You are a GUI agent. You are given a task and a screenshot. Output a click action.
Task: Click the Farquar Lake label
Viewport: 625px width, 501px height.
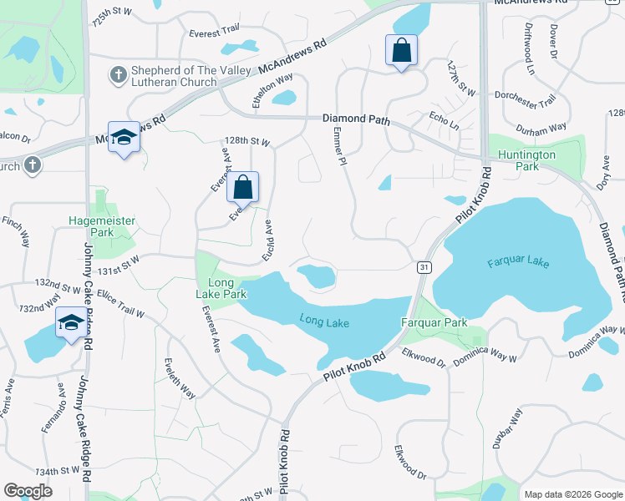(x=518, y=262)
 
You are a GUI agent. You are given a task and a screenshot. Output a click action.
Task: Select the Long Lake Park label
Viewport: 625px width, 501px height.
(x=221, y=288)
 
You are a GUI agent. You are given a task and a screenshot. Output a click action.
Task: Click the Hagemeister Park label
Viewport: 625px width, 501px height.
(x=101, y=226)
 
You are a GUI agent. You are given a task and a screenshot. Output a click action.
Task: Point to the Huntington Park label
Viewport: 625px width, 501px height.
(x=526, y=160)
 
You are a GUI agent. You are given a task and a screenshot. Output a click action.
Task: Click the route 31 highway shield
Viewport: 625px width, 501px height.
(x=424, y=266)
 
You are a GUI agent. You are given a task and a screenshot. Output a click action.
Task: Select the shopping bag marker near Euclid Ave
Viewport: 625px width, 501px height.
(x=243, y=189)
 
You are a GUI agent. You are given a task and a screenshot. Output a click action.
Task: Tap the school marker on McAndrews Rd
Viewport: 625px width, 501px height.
(x=124, y=138)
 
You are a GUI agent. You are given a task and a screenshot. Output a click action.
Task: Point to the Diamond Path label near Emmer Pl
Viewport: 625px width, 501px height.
(x=356, y=119)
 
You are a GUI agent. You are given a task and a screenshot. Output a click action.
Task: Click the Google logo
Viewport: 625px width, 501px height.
(x=28, y=491)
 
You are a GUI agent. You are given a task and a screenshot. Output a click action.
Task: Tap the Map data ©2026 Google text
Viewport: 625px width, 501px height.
(x=572, y=493)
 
